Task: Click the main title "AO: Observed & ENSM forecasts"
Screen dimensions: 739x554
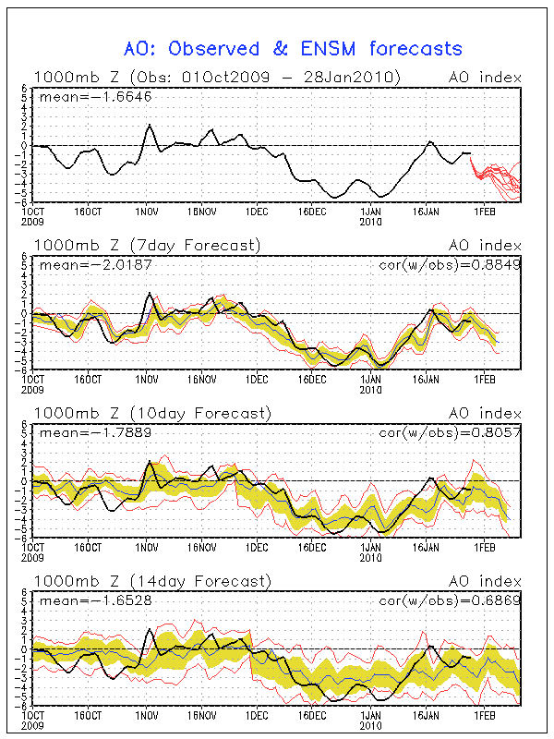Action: pyautogui.click(x=293, y=48)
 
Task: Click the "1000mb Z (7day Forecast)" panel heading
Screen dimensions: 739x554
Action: pyautogui.click(x=148, y=245)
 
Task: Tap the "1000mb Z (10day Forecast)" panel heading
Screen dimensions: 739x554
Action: pyautogui.click(x=151, y=412)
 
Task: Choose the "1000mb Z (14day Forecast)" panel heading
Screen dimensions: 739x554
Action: pyautogui.click(x=151, y=581)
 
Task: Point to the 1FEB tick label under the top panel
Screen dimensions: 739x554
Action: pyautogui.click(x=483, y=212)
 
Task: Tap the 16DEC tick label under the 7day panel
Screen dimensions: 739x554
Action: pyautogui.click(x=313, y=379)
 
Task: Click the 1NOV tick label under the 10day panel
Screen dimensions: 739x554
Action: pyautogui.click(x=146, y=547)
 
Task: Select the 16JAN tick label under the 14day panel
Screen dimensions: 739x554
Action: pyautogui.click(x=427, y=715)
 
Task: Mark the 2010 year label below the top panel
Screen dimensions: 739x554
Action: pyautogui.click(x=371, y=221)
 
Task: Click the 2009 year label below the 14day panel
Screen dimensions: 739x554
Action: pyautogui.click(x=33, y=724)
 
